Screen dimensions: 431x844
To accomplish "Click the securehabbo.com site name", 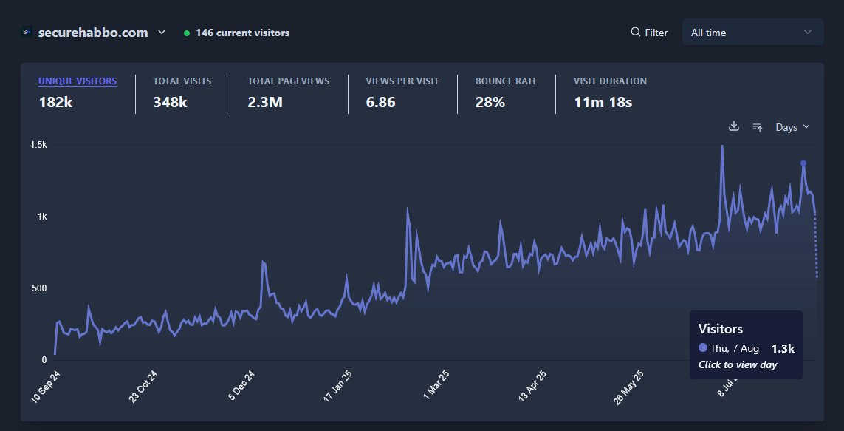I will pyautogui.click(x=92, y=33).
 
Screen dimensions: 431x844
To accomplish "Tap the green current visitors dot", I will pyautogui.click(x=187, y=33).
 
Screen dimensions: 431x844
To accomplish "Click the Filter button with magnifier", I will pyautogui.click(x=649, y=33).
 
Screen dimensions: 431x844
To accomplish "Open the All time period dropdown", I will pyautogui.click(x=752, y=33).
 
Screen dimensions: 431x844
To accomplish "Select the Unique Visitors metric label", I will pyautogui.click(x=78, y=81).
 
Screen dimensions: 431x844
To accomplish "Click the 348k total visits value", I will pyautogui.click(x=170, y=103).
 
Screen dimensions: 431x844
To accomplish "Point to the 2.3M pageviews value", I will pyautogui.click(x=265, y=103).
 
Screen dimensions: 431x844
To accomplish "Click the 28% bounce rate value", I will pyautogui.click(x=490, y=103).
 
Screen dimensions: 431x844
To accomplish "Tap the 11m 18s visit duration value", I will pyautogui.click(x=603, y=103).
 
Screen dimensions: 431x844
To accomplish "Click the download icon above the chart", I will pyautogui.click(x=733, y=126).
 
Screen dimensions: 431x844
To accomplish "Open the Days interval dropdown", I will pyautogui.click(x=792, y=127).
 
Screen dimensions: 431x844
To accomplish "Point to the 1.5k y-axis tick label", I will pyautogui.click(x=38, y=146).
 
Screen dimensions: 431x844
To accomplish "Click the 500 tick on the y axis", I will pyautogui.click(x=38, y=288).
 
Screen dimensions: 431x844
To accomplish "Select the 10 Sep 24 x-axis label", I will pyautogui.click(x=46, y=387).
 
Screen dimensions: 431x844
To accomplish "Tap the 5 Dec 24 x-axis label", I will pyautogui.click(x=241, y=387).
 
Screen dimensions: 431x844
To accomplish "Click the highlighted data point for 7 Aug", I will pyautogui.click(x=803, y=163).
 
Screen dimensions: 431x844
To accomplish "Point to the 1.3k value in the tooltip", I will pyautogui.click(x=783, y=348).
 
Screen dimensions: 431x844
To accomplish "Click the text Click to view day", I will pyautogui.click(x=737, y=364).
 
